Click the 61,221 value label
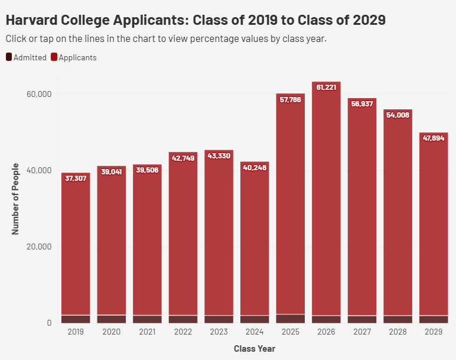pos(326,87)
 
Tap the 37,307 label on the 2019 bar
pos(76,178)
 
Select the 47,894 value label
pos(434,138)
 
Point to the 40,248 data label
pos(255,167)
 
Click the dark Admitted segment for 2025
pos(291,319)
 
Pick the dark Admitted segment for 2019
pos(76,319)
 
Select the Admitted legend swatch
pos(9,57)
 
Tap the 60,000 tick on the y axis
pos(40,94)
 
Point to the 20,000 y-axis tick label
pos(40,247)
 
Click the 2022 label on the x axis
pos(183,332)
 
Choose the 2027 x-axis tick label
pos(362,332)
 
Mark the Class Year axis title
pos(255,349)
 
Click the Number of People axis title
pos(16,199)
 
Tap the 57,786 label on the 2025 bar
pos(291,99)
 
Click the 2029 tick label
pos(434,332)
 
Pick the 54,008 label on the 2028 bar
pos(398,115)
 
